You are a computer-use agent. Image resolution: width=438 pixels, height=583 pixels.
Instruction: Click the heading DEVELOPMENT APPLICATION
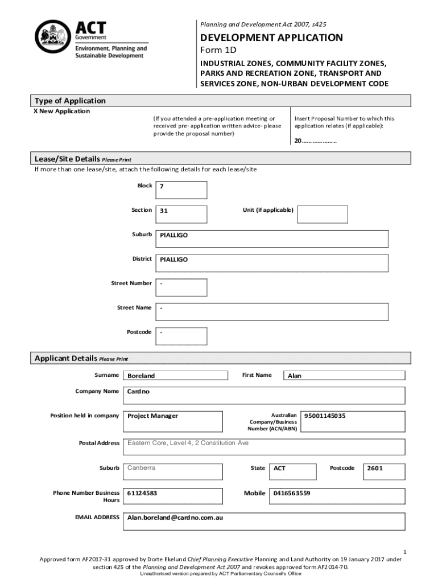click(271, 38)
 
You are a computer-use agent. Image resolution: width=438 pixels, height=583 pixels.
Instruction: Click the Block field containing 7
click(181, 190)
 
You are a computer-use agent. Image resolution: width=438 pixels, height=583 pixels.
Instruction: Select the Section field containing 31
click(181, 214)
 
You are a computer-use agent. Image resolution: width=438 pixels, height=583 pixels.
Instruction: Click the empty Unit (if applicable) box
click(323, 214)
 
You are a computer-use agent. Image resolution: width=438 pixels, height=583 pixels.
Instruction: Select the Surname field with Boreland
click(175, 375)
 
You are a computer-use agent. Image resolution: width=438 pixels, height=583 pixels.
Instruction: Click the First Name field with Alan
click(344, 375)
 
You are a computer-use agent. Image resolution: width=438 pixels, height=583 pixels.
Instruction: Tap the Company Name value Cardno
click(139, 392)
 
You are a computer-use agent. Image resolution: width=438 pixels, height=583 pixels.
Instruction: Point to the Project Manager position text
click(152, 416)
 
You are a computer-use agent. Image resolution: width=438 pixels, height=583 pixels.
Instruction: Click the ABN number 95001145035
click(325, 416)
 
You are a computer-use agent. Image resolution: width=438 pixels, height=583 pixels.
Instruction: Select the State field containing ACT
click(279, 468)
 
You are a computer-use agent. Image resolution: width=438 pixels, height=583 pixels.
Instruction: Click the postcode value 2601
click(375, 468)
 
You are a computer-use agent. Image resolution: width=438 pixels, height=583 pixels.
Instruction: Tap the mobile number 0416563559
click(291, 493)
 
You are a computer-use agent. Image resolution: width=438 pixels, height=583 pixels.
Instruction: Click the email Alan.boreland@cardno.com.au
click(175, 518)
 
